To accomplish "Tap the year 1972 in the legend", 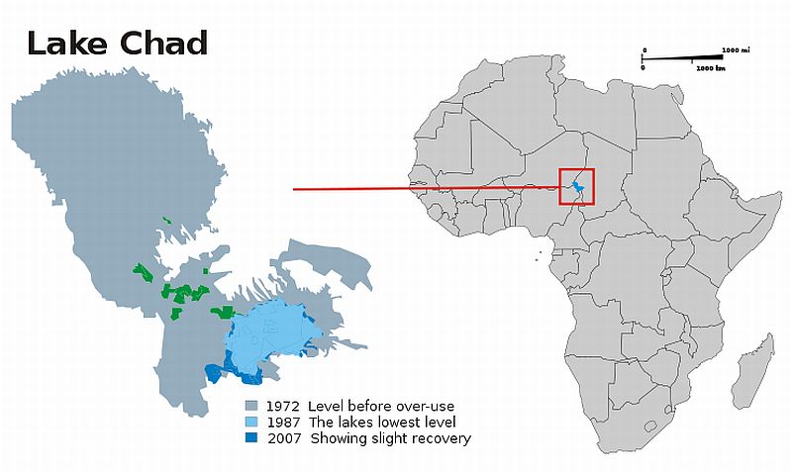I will [283, 407].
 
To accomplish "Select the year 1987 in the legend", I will [283, 423].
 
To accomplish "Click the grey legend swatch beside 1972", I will [252, 407].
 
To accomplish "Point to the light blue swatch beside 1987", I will [252, 423].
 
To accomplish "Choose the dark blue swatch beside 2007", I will [252, 438].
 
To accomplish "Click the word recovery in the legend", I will [441, 438].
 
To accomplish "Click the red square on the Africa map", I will [577, 186].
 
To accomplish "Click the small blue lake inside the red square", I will [578, 188].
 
